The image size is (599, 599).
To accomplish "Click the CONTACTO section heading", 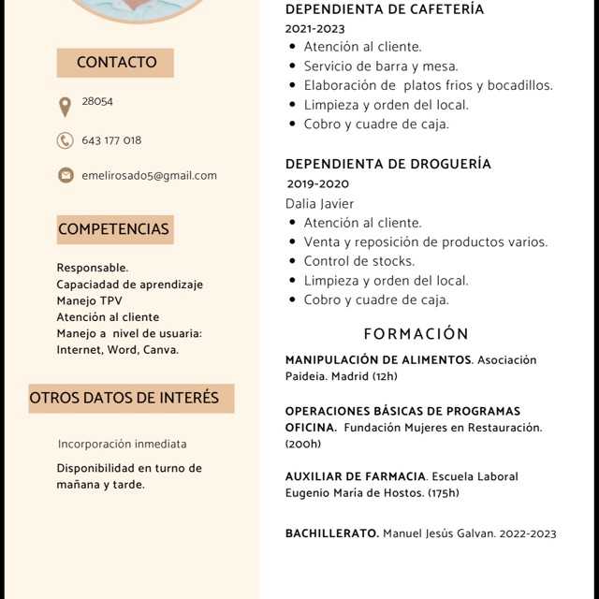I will pos(116,63).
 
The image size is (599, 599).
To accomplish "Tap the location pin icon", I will pos(65,107).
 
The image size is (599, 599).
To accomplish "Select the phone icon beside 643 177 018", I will pos(65,140).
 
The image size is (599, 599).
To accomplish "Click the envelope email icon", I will pos(66,175).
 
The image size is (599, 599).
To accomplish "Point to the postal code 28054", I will pos(97,101).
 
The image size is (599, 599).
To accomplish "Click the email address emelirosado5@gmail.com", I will pos(149,175).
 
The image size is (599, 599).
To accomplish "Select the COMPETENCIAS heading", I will pos(113,229).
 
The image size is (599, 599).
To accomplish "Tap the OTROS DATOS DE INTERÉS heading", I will pos(124,398).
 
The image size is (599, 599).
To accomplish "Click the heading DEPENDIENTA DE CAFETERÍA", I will pos(385,9).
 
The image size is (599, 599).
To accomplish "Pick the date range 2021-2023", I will pos(314,29).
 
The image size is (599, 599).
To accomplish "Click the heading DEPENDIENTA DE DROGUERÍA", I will pos(388,164).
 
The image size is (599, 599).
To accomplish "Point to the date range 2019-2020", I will pos(318,183).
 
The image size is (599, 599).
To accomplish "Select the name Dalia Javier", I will pos(320,203).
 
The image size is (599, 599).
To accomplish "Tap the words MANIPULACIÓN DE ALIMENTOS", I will pos(378,360).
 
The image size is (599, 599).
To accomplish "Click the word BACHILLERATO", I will pos(331,533).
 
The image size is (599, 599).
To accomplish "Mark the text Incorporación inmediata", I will pos(122,444).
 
